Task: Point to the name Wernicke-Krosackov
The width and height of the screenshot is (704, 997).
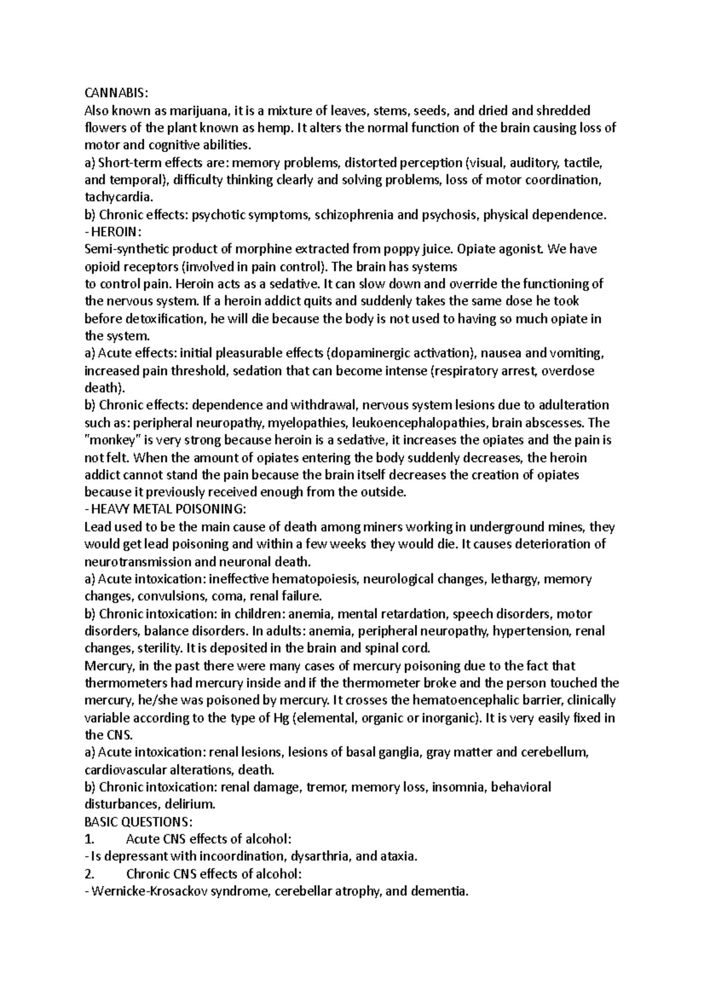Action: point(149,891)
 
